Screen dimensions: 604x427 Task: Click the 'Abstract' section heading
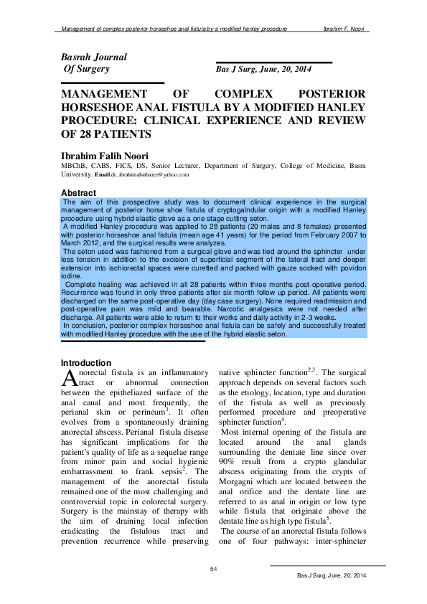78,194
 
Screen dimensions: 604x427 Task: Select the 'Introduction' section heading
86,363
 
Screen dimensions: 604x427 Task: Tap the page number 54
213,569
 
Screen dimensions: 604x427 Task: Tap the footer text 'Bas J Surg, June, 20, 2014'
332,577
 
